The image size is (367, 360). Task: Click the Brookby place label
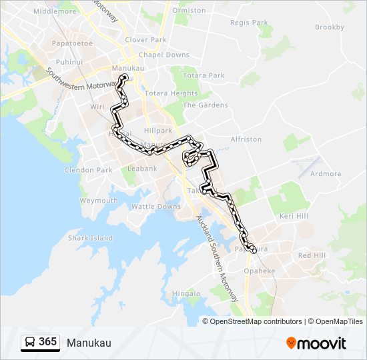click(330, 27)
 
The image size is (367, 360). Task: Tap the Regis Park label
click(249, 23)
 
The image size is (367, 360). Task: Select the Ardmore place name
click(326, 174)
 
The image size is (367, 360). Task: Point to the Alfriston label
click(246, 139)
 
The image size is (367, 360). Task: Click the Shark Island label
click(90, 238)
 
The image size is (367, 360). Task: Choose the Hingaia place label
click(186, 293)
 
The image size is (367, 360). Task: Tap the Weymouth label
click(99, 201)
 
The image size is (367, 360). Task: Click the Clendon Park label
click(88, 170)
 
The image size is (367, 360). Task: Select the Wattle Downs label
click(155, 207)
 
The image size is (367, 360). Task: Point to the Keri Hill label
click(294, 217)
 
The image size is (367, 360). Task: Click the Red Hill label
click(312, 255)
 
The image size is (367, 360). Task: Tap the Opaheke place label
click(259, 271)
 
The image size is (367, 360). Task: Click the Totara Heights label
click(171, 93)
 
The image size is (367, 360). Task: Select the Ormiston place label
click(189, 11)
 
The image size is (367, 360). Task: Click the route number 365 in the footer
click(47, 342)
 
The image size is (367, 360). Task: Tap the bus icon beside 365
click(30, 343)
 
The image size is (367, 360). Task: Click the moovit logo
click(316, 343)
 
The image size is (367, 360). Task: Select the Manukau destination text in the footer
click(89, 343)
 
